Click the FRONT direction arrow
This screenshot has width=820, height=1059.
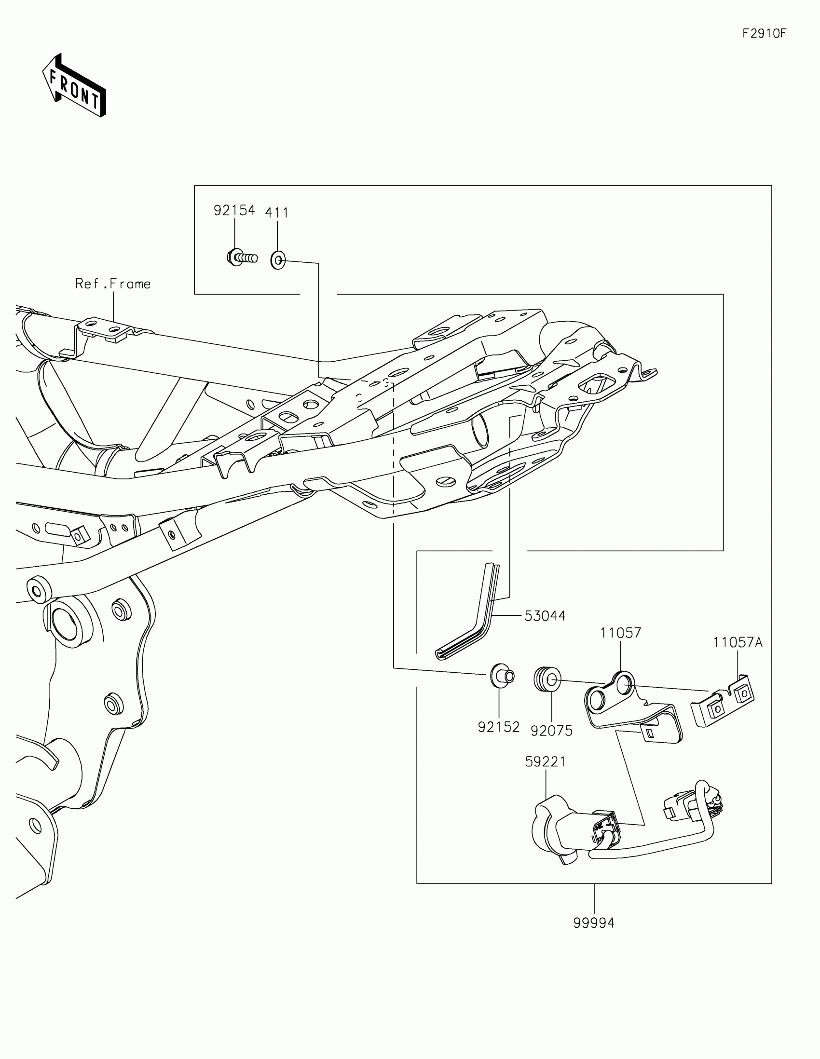coord(74,85)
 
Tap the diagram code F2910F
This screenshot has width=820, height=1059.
coord(764,33)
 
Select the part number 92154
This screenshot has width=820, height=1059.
coord(234,210)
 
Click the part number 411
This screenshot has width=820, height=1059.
coord(277,213)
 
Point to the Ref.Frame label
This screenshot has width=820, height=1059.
coord(113,284)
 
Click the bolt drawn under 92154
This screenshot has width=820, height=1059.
coord(242,257)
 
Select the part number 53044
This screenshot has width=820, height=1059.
coord(545,616)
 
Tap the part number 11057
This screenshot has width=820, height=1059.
coord(621,633)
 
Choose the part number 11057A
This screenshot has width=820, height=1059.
coord(738,643)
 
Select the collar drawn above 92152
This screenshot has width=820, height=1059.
coord(502,676)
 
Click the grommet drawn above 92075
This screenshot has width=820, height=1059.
coord(547,679)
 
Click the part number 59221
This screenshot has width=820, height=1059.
coord(546,762)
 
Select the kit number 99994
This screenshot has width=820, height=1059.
coord(594,923)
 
